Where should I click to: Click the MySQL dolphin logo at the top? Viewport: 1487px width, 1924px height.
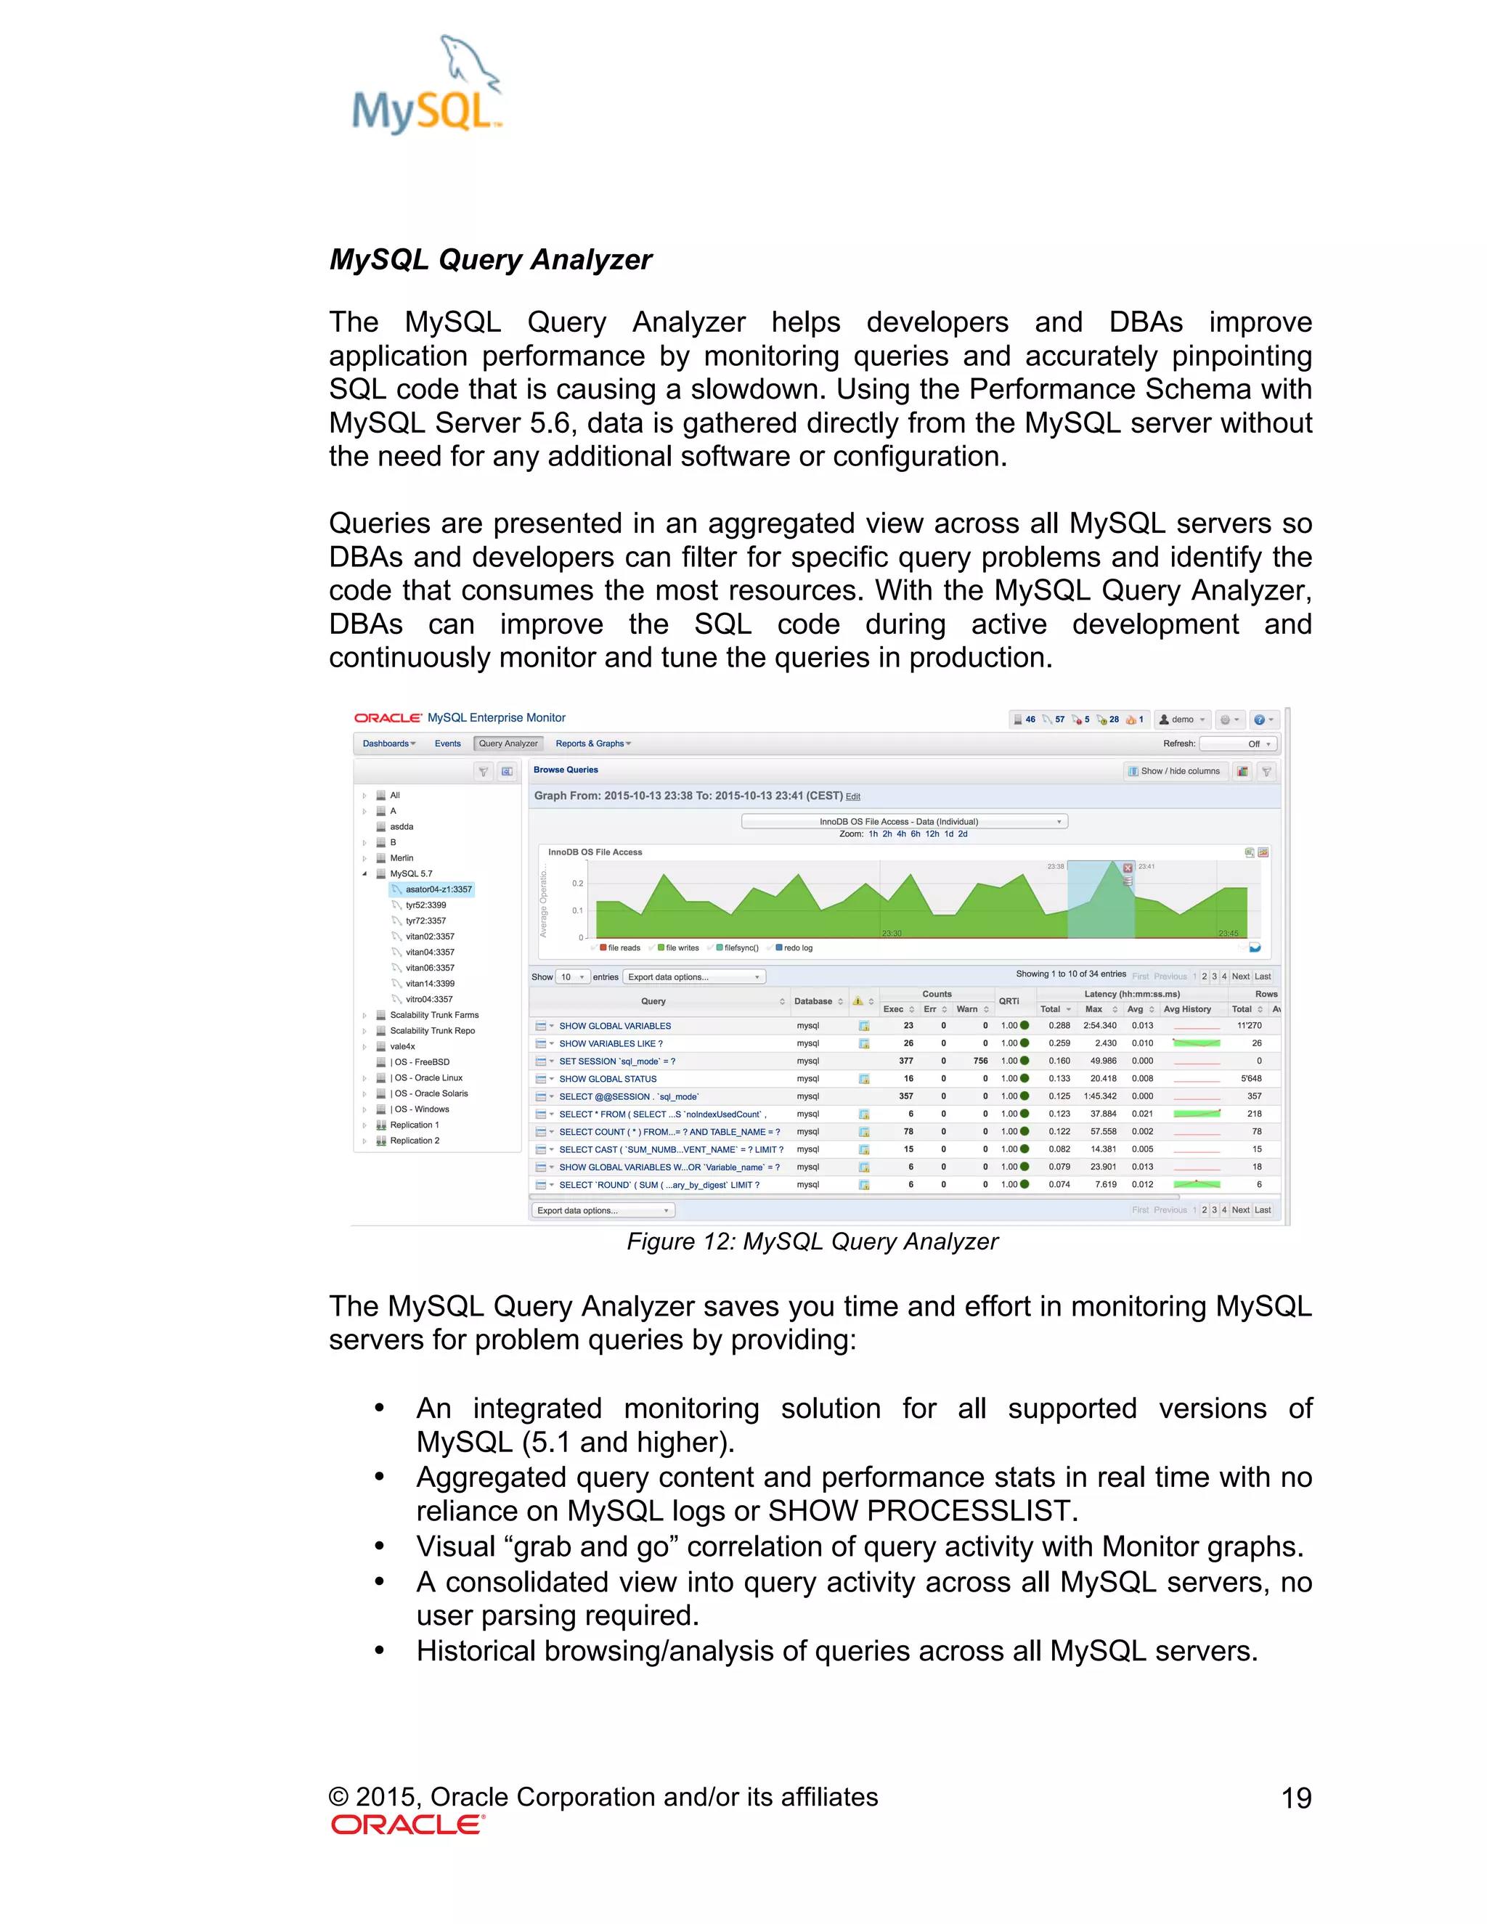coord(427,86)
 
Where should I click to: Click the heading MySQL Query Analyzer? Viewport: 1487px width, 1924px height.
coord(490,260)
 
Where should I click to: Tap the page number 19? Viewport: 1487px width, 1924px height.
coord(1295,1798)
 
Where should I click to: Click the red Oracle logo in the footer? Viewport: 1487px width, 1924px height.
coord(408,1825)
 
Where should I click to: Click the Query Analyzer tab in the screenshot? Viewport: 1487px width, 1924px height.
coord(508,743)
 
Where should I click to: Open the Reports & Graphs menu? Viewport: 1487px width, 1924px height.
coord(592,743)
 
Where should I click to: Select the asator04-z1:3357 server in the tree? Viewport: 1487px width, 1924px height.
coord(438,890)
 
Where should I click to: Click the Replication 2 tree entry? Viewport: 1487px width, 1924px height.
coord(414,1141)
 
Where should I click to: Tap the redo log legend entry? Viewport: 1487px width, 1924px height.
coord(797,948)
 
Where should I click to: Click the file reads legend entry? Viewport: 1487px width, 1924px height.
coord(624,948)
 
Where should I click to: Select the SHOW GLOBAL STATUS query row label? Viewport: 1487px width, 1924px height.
coord(608,1079)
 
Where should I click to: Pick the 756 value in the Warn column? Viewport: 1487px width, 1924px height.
coord(979,1061)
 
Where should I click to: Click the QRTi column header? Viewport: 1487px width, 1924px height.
coord(1009,1002)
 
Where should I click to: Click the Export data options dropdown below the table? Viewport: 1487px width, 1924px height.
coord(603,1210)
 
